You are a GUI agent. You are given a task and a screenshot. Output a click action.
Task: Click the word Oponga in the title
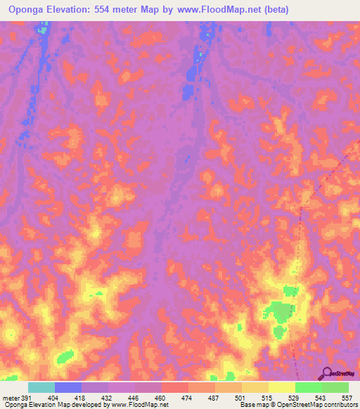tap(28, 11)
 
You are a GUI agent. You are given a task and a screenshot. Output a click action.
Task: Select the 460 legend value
tap(160, 398)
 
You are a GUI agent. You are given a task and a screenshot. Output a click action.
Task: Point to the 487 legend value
tap(214, 398)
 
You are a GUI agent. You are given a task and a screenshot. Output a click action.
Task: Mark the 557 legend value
tap(346, 398)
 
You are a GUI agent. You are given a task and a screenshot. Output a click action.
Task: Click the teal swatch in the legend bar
tap(41, 387)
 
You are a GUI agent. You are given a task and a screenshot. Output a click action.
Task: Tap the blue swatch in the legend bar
tap(68, 387)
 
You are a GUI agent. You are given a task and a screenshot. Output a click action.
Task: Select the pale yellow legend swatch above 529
tap(281, 387)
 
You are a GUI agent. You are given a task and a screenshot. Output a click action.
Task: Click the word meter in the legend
tap(10, 398)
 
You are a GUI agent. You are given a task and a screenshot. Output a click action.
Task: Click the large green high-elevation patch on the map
tap(282, 311)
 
